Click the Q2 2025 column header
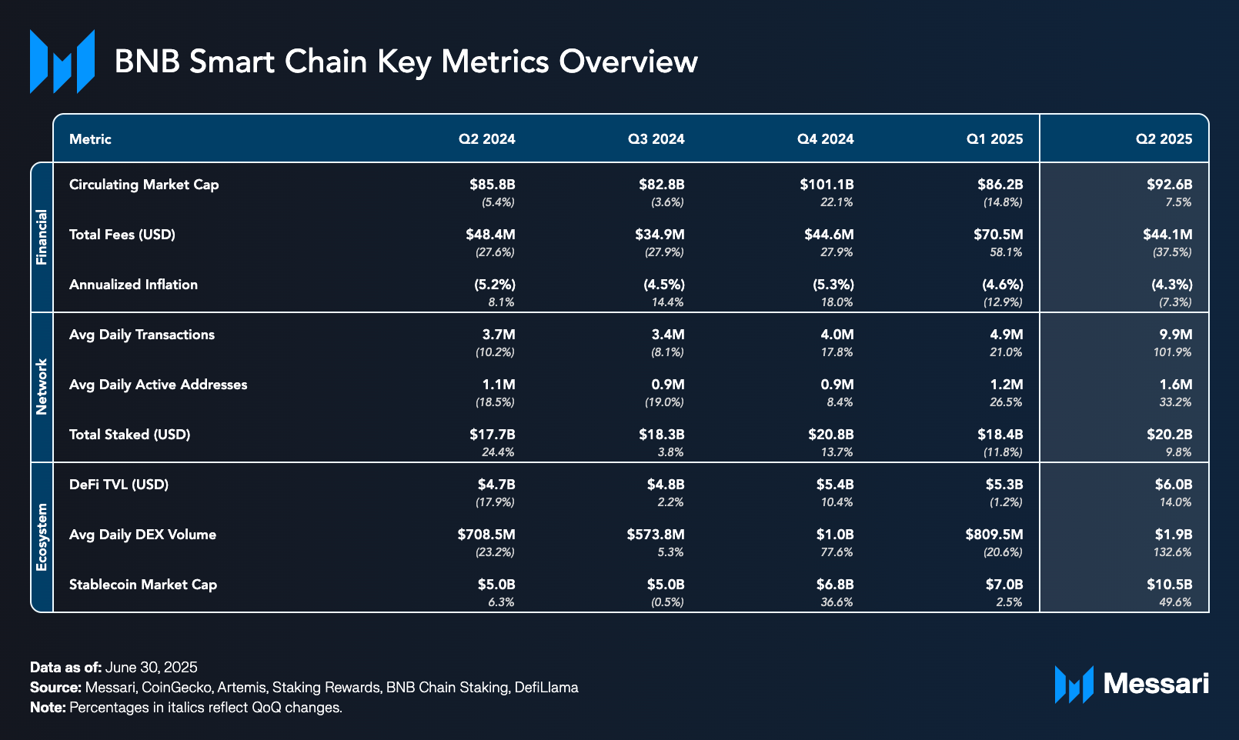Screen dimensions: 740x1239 coord(1164,139)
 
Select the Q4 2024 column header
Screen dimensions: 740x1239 coord(825,139)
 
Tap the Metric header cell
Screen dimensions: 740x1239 coord(90,139)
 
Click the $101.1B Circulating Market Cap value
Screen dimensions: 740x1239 coord(827,185)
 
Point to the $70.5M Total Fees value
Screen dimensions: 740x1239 coord(998,235)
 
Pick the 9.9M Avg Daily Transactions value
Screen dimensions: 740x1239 coord(1176,335)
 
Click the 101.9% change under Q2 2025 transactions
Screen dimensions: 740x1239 coord(1173,352)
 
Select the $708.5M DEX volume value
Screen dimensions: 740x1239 coord(486,535)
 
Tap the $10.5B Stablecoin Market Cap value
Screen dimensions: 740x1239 coord(1169,585)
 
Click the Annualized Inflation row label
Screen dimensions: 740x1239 coord(133,285)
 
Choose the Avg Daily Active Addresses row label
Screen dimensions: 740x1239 coord(158,385)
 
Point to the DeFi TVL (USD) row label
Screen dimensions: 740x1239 coord(119,485)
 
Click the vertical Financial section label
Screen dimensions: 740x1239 coord(42,237)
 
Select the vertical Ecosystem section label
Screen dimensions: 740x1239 coord(42,537)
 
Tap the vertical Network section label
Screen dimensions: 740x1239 coord(42,387)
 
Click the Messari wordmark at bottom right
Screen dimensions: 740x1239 coord(1155,683)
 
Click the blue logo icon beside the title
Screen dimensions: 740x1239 coord(62,62)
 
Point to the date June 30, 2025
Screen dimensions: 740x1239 coord(151,667)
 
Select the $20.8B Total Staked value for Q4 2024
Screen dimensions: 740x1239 coord(830,435)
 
